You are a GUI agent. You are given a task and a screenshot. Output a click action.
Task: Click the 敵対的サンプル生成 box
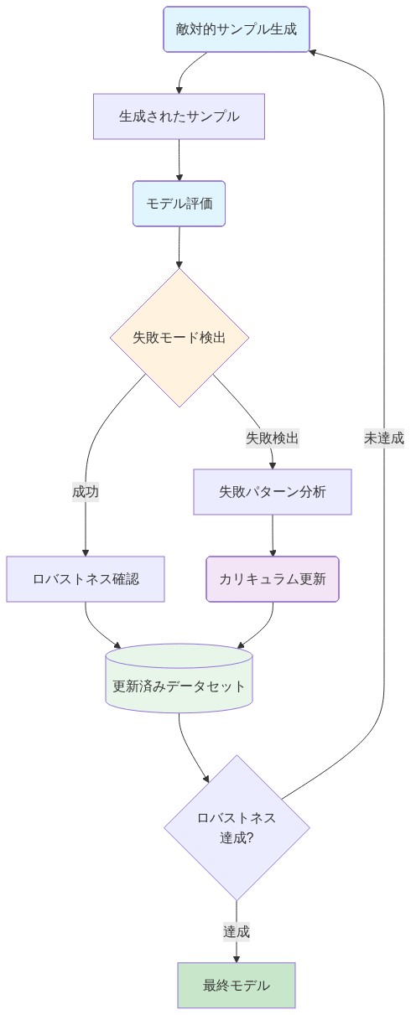click(237, 29)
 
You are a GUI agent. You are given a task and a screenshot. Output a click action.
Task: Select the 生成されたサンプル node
click(179, 117)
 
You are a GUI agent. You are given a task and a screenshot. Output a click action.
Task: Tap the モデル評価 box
click(179, 204)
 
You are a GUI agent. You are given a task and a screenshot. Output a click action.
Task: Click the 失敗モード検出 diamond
click(179, 338)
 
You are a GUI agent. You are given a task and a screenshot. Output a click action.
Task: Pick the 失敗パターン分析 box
click(273, 492)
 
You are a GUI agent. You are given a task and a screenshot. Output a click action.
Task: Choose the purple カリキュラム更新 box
click(273, 579)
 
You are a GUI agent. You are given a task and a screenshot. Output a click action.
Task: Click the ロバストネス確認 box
click(86, 579)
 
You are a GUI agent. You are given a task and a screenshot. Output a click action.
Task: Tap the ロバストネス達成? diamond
click(237, 827)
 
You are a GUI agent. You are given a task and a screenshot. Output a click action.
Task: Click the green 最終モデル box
click(237, 986)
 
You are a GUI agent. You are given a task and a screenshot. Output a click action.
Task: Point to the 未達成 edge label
click(384, 438)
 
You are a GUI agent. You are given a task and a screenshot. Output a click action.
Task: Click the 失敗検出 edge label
click(273, 438)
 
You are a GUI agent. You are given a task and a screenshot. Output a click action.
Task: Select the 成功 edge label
click(86, 492)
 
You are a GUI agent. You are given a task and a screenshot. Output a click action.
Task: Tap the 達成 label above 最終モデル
click(237, 931)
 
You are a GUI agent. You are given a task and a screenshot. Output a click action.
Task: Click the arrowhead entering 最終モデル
click(237, 958)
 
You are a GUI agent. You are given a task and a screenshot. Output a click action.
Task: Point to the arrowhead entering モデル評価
click(179, 176)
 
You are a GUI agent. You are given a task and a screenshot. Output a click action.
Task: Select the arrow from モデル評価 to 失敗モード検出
click(179, 246)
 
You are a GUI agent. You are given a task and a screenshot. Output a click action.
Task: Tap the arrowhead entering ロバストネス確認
click(86, 552)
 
